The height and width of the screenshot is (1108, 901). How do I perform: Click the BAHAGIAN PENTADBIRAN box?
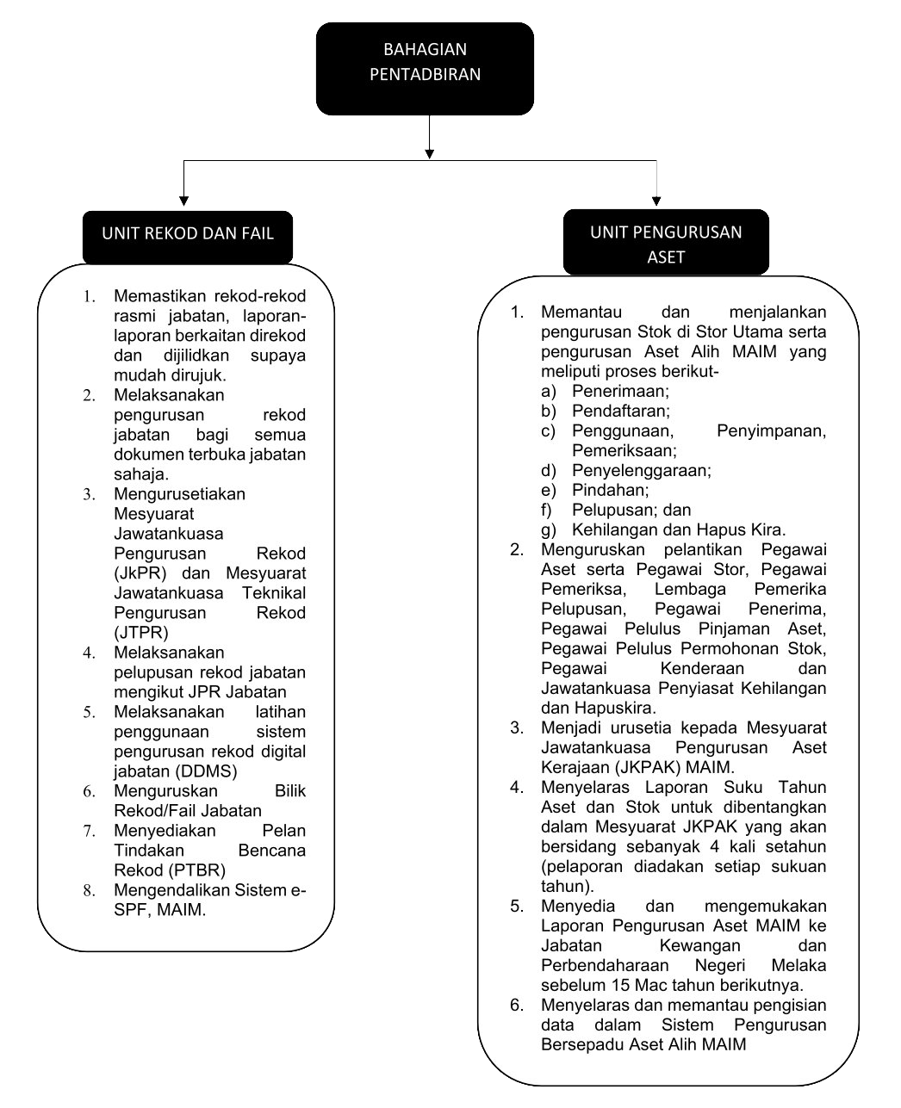click(x=425, y=69)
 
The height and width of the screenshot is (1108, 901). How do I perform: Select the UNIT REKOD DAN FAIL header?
click(x=188, y=234)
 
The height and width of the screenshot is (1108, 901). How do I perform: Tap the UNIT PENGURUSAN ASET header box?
click(x=666, y=244)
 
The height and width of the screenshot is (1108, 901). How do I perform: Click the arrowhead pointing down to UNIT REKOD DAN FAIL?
click(x=183, y=204)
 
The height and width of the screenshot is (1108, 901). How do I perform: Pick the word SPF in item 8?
click(x=130, y=910)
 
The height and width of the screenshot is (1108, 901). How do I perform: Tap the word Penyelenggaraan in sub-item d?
click(x=641, y=470)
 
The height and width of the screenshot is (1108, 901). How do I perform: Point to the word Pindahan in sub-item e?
click(x=610, y=490)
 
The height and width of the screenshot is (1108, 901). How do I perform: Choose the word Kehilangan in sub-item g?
click(x=614, y=529)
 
